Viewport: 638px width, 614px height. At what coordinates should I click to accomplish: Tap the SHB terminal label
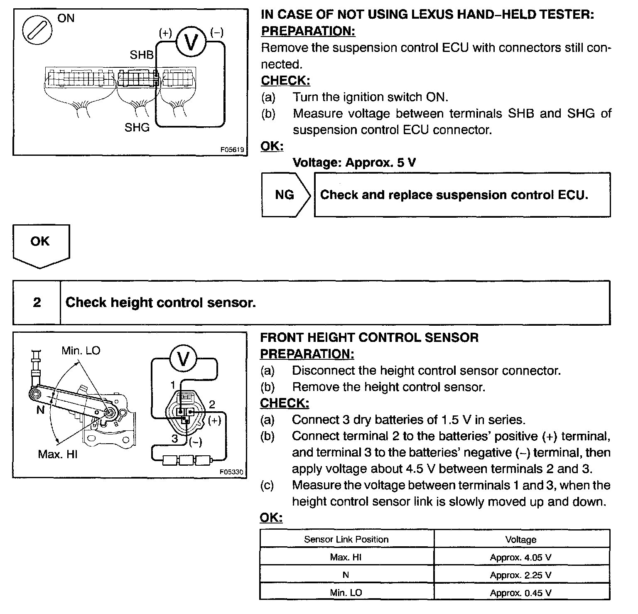pyautogui.click(x=142, y=55)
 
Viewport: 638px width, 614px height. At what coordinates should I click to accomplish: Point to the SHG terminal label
pyautogui.click(x=137, y=127)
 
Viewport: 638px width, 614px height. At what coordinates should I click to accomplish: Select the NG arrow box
pyautogui.click(x=285, y=195)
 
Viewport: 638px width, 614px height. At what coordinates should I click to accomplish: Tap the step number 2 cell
pyautogui.click(x=37, y=302)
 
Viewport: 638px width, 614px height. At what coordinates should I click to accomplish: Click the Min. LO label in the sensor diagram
pyautogui.click(x=81, y=351)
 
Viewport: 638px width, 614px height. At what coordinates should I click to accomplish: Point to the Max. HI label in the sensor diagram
pyautogui.click(x=57, y=454)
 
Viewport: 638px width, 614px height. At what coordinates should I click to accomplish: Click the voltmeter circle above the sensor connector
pyautogui.click(x=183, y=359)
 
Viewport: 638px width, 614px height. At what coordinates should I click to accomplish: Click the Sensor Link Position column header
pyautogui.click(x=346, y=539)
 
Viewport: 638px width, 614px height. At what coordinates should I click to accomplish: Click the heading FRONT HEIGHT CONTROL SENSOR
pyautogui.click(x=369, y=337)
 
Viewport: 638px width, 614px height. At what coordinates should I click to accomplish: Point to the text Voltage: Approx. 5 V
pyautogui.click(x=354, y=162)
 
